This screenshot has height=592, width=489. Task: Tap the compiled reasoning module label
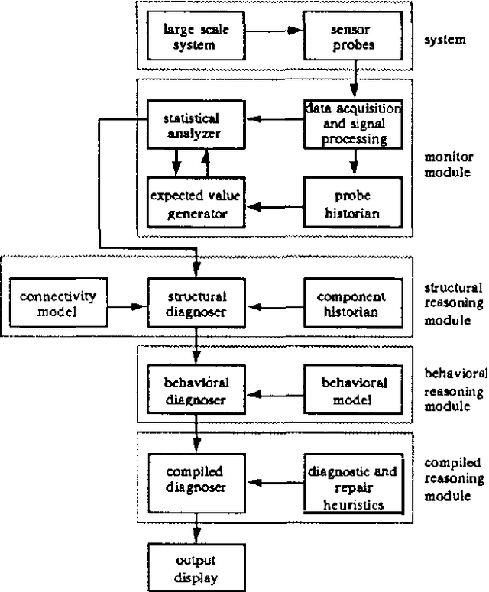point(454,479)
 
